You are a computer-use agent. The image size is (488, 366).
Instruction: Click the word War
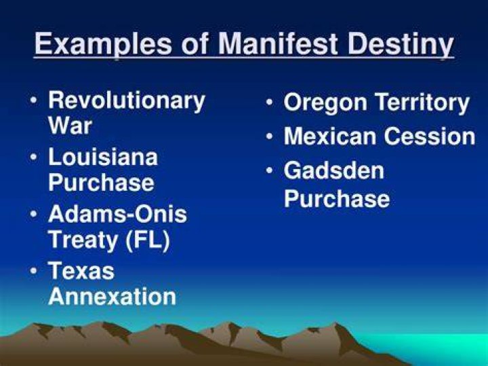pyautogui.click(x=70, y=126)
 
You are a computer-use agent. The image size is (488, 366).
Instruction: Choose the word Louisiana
pyautogui.click(x=103, y=157)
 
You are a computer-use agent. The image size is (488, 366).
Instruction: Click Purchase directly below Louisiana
pyautogui.click(x=102, y=183)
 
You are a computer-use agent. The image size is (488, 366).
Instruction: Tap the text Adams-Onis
pyautogui.click(x=118, y=214)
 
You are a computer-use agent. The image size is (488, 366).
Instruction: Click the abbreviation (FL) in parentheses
pyautogui.click(x=148, y=240)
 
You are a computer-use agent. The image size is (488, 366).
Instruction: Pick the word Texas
pyautogui.click(x=81, y=270)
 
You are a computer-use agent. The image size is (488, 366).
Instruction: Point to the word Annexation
pyautogui.click(x=113, y=296)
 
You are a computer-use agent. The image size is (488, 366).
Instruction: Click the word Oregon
pyautogui.click(x=325, y=104)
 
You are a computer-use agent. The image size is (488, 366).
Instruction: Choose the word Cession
pyautogui.click(x=430, y=136)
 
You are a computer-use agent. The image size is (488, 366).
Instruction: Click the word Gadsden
pyautogui.click(x=334, y=170)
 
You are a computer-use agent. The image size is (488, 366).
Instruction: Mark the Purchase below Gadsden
pyautogui.click(x=337, y=198)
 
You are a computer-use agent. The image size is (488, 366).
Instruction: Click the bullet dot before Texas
pyautogui.click(x=33, y=270)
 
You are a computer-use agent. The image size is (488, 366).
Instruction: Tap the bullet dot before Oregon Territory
pyautogui.click(x=270, y=103)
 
